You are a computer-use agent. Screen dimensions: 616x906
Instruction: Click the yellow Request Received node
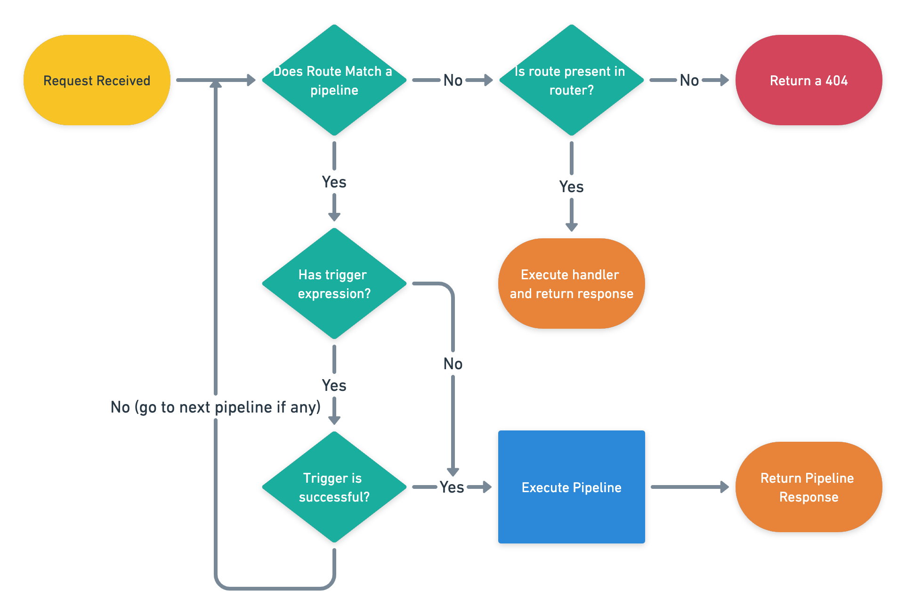coord(97,80)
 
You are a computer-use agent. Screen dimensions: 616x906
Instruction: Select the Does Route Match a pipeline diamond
coord(334,80)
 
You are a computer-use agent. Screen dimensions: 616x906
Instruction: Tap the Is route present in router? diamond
coord(571,80)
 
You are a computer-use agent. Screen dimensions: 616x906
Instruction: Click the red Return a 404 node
coord(809,80)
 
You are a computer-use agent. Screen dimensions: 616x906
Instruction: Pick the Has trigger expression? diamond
coord(334,284)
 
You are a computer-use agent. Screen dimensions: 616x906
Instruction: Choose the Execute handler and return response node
coord(571,284)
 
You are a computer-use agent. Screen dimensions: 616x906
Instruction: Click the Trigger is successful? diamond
coord(334,487)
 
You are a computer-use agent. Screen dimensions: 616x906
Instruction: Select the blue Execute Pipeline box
coord(571,487)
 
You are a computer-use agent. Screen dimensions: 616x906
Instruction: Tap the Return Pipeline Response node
coord(809,487)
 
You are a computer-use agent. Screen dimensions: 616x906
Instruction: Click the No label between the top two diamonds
coord(453,81)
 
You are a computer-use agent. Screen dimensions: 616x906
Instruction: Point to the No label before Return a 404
coord(689,81)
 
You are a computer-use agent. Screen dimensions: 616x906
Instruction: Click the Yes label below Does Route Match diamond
coord(334,182)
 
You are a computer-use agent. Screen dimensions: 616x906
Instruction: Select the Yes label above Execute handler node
coord(571,187)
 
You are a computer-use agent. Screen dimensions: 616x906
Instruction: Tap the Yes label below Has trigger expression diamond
coord(334,386)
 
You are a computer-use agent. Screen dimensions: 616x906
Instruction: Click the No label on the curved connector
coord(453,364)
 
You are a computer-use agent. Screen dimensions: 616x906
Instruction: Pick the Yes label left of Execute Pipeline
coord(452,487)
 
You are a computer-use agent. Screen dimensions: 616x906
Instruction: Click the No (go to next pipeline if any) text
coord(215,407)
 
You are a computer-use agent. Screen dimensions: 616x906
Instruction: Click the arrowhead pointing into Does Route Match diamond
coord(251,80)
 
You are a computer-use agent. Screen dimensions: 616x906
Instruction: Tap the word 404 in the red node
coord(836,81)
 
